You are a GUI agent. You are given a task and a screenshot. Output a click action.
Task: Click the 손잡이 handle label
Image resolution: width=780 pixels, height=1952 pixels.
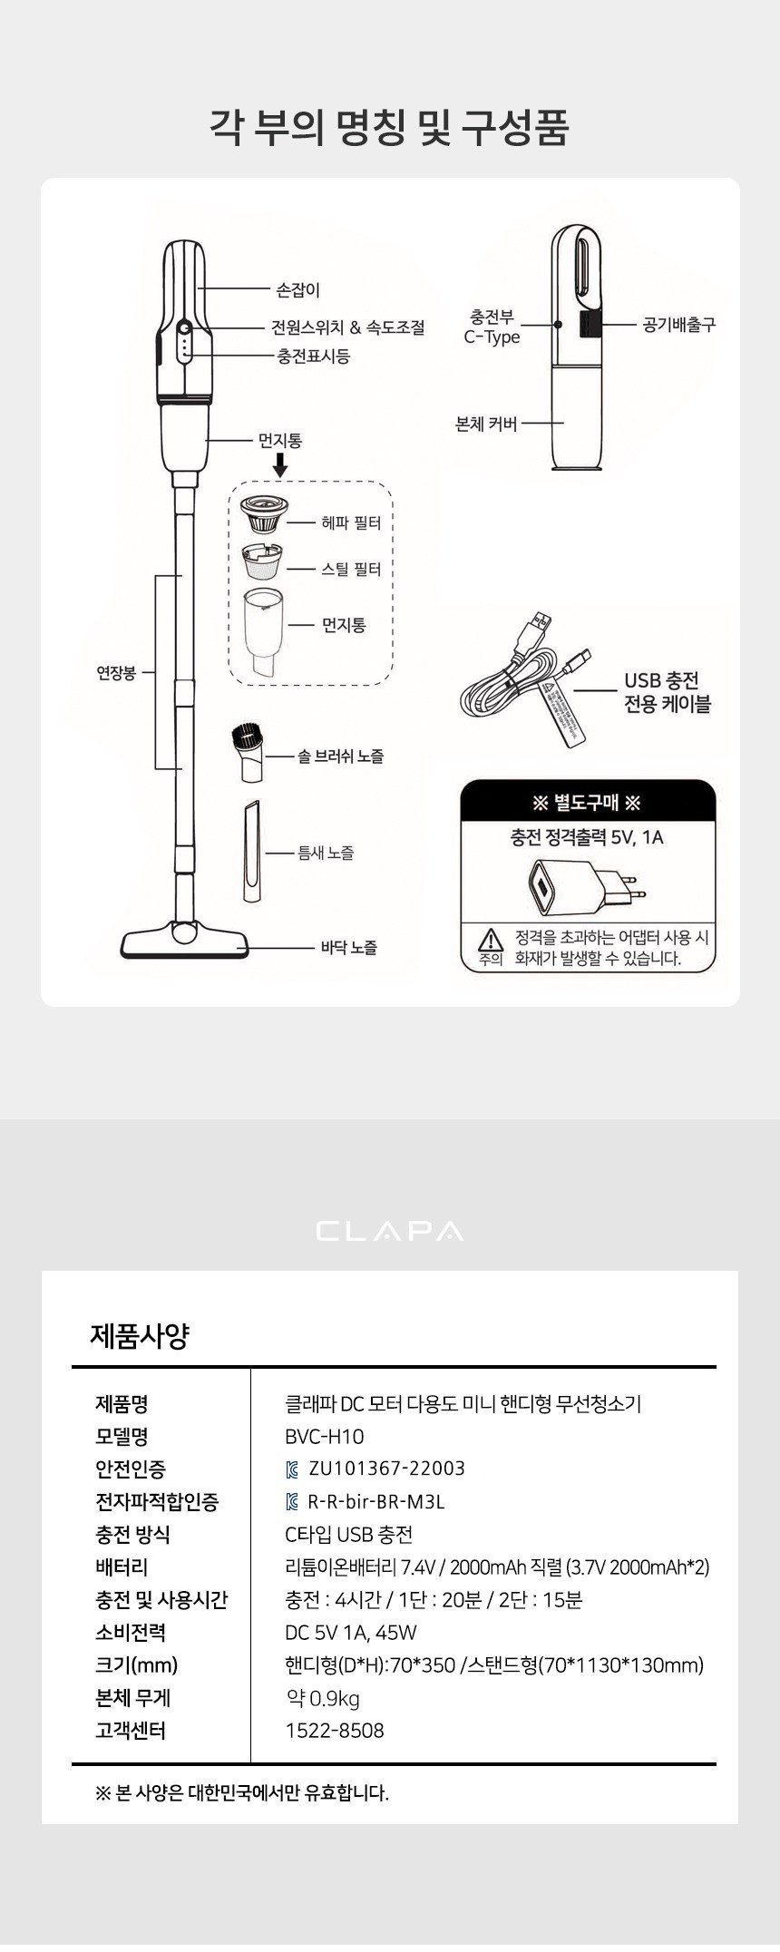(x=298, y=290)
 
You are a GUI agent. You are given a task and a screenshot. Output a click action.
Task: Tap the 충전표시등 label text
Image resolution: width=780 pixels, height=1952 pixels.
(x=314, y=356)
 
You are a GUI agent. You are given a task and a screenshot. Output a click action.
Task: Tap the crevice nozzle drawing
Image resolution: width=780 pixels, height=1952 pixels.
(x=251, y=851)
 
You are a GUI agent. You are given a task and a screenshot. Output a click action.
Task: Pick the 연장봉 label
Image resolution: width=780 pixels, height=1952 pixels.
(x=116, y=673)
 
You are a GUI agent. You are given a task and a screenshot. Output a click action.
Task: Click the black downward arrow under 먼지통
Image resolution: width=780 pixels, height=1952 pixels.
(x=280, y=465)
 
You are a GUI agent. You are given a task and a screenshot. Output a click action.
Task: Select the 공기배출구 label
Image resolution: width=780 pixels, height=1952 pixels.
(x=679, y=324)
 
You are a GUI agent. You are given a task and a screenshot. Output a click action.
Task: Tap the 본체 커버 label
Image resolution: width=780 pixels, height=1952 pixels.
(x=486, y=424)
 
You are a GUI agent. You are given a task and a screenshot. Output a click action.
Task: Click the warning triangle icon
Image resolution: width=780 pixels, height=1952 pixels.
(x=491, y=939)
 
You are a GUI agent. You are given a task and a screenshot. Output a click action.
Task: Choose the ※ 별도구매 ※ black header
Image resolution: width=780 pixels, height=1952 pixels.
(x=588, y=803)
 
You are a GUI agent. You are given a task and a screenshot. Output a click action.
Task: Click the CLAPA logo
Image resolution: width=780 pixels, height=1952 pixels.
(x=390, y=1231)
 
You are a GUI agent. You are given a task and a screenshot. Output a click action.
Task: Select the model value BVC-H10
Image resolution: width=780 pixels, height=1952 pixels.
(x=324, y=1436)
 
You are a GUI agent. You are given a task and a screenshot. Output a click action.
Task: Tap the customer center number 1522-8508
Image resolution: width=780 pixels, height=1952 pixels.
(x=335, y=1730)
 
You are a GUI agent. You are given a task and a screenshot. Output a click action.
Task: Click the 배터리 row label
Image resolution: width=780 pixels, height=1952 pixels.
(x=122, y=1566)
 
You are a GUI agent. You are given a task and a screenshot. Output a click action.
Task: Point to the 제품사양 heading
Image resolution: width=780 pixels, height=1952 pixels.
(x=140, y=1335)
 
